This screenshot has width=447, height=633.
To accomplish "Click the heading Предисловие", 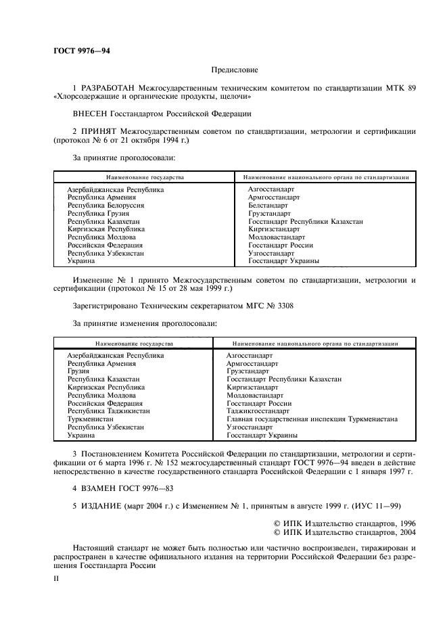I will [x=234, y=69].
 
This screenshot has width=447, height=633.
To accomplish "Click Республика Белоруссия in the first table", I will [x=105, y=205].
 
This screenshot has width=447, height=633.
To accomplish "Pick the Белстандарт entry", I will [x=268, y=205].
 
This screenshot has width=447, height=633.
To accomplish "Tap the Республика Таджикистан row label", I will [x=108, y=411].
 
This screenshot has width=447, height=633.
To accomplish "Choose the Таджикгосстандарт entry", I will [x=258, y=411].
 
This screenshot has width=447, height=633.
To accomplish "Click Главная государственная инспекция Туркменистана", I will [x=312, y=419].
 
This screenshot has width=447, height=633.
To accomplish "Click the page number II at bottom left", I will [x=57, y=580].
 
